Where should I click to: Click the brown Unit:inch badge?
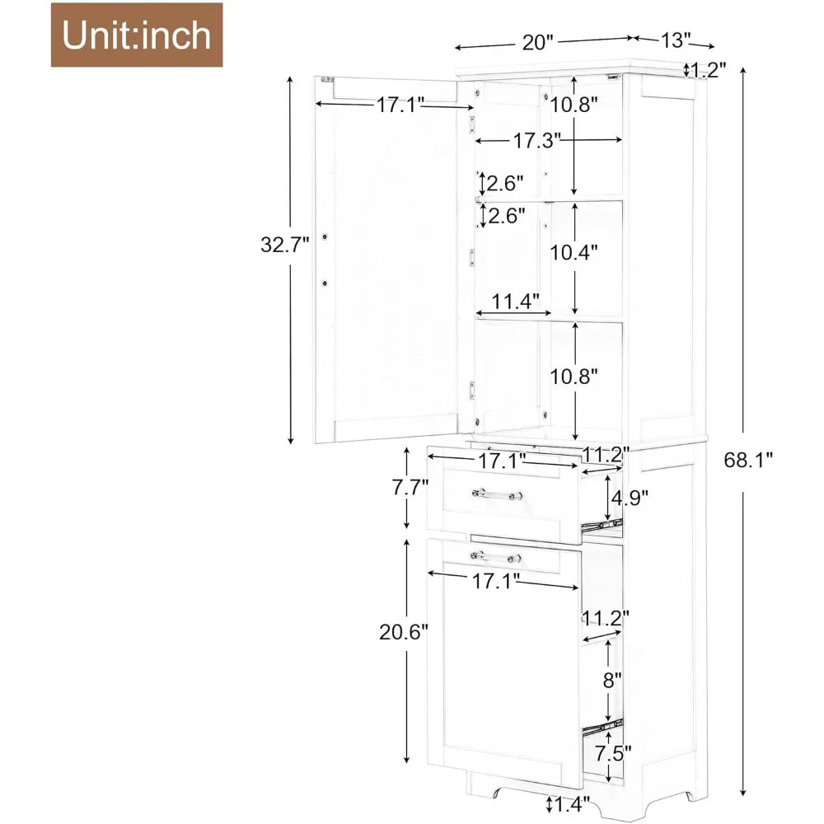coord(137,35)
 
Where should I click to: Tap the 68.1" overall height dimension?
coord(748,461)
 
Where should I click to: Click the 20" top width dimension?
coord(538,42)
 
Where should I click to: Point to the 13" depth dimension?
coord(676,40)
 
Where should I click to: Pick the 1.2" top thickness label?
coord(709,69)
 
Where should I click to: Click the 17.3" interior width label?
coord(536,140)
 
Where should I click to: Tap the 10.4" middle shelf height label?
coord(574,253)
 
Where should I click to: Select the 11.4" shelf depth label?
coord(516,302)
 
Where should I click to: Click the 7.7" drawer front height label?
coord(410,487)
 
